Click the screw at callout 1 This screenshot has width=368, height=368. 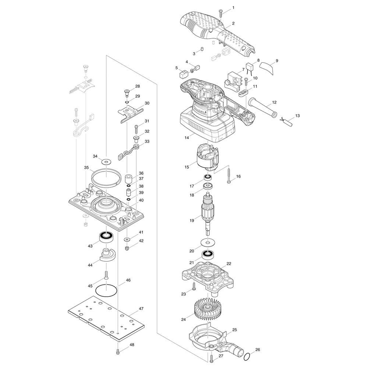tap(221, 13)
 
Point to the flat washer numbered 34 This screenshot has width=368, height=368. tap(106, 162)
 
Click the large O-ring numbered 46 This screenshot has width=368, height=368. tap(106, 291)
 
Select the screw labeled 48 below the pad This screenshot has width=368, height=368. tap(118, 351)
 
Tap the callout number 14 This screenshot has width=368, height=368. tap(187, 138)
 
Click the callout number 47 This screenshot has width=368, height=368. tap(141, 309)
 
